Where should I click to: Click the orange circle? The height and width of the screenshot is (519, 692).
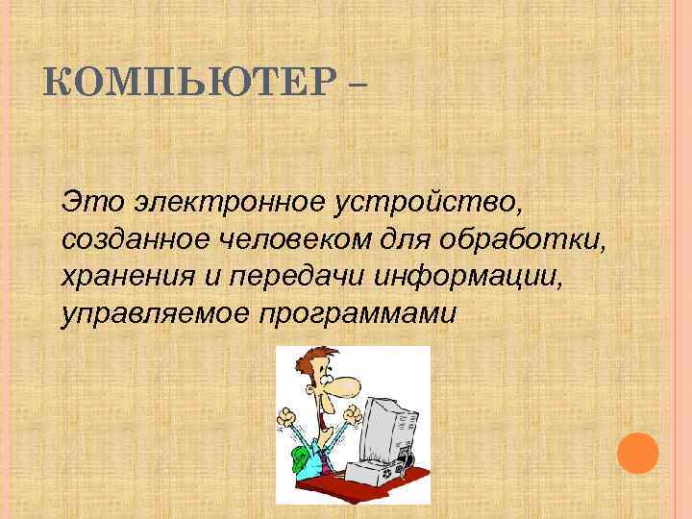pos(637,452)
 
